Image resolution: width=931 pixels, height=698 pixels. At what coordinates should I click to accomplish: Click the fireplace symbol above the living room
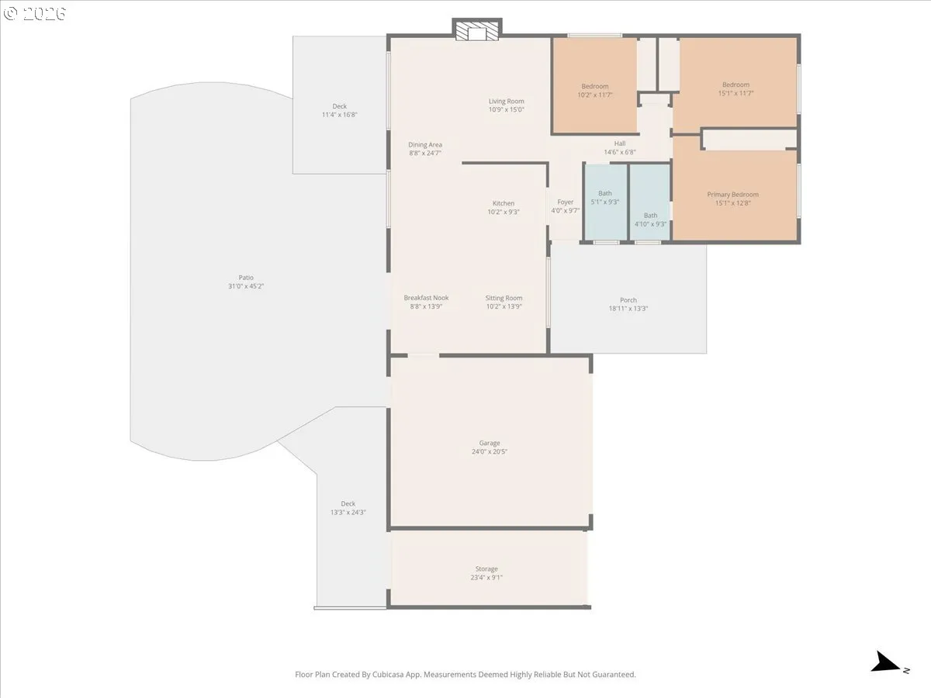[x=476, y=29]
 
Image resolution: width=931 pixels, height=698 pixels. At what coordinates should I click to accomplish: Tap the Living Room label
[x=506, y=101]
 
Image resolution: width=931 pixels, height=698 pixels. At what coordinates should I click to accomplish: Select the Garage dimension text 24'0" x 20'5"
[x=490, y=451]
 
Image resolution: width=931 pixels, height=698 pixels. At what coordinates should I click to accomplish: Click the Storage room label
[x=486, y=568]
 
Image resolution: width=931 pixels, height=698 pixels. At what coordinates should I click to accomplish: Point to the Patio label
[x=246, y=278]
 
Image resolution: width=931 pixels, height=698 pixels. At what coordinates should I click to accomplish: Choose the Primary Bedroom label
[x=733, y=195]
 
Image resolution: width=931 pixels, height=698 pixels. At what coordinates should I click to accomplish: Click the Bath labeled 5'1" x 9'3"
[x=605, y=198]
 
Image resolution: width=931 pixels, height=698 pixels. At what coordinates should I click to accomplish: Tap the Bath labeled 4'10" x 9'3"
[x=650, y=219]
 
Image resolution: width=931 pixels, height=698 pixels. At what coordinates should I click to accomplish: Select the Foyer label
[x=566, y=202]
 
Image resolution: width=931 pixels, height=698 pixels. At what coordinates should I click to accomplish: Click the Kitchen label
[x=504, y=203]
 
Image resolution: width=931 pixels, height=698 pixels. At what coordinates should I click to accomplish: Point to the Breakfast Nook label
[x=426, y=298]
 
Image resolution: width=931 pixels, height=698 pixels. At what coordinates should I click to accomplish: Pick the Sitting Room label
[x=504, y=298]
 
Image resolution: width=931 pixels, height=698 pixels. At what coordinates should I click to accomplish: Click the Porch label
[x=628, y=300]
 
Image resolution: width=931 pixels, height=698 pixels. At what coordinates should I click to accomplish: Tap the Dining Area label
[x=425, y=145]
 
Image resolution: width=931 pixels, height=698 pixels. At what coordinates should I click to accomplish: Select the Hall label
[x=620, y=143]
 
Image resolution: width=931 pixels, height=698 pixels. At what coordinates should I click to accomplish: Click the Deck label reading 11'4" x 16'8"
[x=339, y=110]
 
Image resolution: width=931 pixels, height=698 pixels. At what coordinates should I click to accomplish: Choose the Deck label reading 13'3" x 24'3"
[x=348, y=508]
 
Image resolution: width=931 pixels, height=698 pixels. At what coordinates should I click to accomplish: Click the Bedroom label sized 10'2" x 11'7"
[x=594, y=90]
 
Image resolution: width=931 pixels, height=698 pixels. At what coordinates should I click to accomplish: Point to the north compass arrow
[x=884, y=662]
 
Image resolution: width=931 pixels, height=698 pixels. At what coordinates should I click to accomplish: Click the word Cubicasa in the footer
[x=388, y=674]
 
